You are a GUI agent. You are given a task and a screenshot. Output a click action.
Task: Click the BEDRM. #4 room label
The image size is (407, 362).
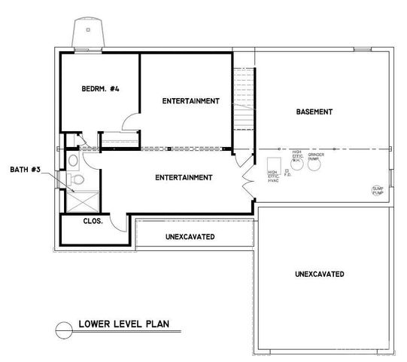(x=101, y=90)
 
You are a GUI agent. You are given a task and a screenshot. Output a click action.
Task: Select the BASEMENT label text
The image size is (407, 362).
(x=314, y=112)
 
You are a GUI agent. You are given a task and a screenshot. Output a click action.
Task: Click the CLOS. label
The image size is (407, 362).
(x=93, y=222)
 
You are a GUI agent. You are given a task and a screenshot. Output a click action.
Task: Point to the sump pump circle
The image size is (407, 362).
(x=378, y=191)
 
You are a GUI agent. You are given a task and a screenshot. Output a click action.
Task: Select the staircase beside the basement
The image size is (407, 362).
(x=245, y=98)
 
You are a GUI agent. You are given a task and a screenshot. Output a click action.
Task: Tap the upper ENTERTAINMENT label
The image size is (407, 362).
(x=190, y=101)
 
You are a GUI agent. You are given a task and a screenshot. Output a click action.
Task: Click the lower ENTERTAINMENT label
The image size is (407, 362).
(x=183, y=178)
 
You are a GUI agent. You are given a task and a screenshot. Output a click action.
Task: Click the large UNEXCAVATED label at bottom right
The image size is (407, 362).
(x=320, y=273)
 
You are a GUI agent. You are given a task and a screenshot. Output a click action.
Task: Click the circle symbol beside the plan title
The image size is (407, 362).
(x=63, y=327)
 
